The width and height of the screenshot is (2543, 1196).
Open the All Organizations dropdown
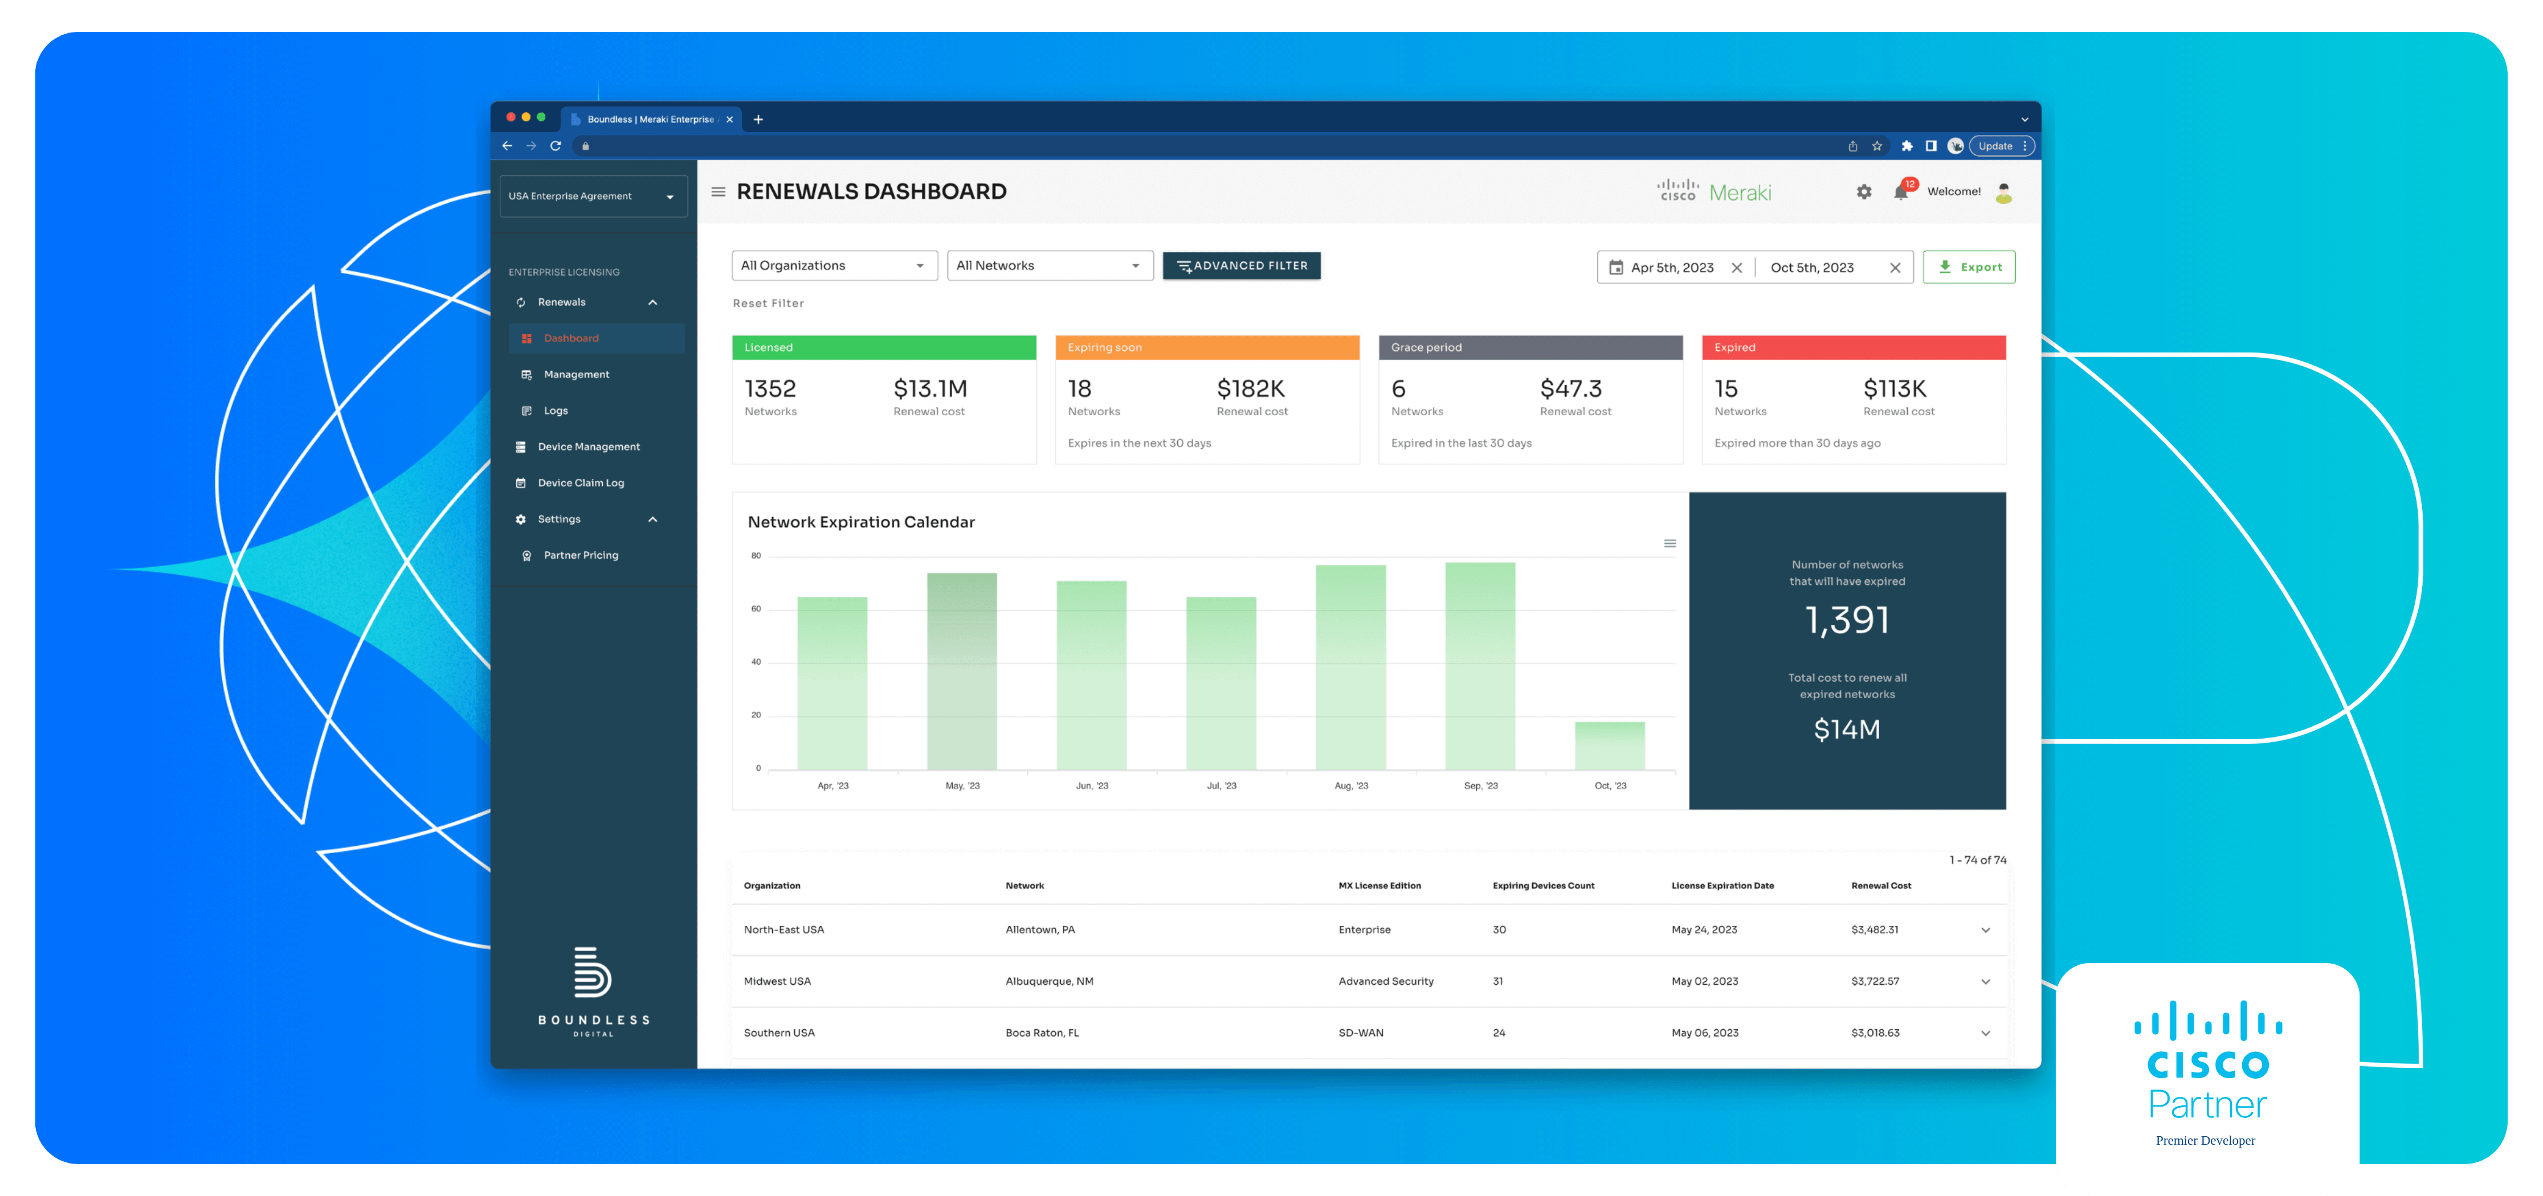pos(833,265)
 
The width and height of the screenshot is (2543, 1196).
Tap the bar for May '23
pos(961,671)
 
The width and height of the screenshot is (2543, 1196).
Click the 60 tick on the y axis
pos(756,609)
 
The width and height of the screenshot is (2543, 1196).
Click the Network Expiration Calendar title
pos(861,522)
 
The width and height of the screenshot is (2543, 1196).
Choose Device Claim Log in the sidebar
pos(581,482)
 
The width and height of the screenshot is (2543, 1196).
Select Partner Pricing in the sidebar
pos(581,555)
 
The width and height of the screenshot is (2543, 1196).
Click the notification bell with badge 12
pos(1900,191)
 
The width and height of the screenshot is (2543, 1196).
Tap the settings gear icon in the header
pos(1864,191)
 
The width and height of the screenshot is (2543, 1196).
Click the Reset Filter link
pos(768,303)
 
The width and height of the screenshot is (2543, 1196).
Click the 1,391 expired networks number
pos(1847,620)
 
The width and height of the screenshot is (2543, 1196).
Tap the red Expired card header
pos(1853,347)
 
